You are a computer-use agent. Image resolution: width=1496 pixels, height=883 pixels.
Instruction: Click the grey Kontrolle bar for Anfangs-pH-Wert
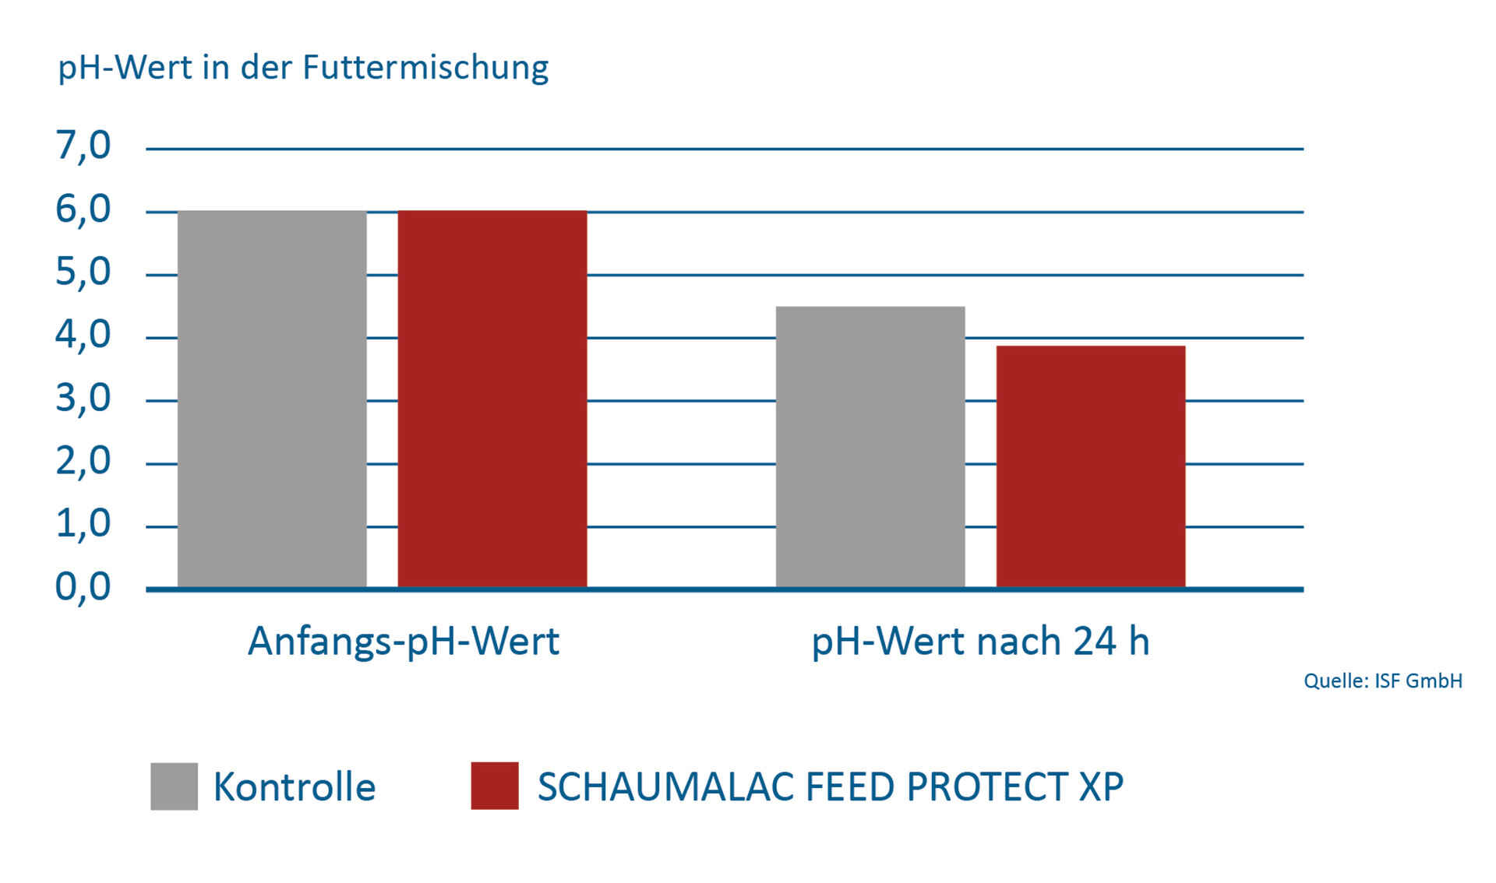tap(272, 399)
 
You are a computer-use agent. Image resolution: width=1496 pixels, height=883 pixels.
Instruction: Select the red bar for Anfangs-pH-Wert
tap(492, 399)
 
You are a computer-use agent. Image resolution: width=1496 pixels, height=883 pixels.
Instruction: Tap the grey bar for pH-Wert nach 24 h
tap(870, 446)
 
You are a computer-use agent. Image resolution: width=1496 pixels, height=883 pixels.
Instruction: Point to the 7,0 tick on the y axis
tap(83, 146)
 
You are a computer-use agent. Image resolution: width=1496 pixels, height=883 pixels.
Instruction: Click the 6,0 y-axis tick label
tap(83, 209)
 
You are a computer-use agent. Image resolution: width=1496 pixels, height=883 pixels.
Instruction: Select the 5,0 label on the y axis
tap(83, 273)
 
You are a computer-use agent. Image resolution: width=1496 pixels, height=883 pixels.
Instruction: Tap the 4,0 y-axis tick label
tap(83, 336)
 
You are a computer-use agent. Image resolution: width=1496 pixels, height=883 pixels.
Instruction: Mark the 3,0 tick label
tap(83, 399)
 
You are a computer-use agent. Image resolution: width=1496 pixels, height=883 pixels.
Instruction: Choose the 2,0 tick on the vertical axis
tap(83, 462)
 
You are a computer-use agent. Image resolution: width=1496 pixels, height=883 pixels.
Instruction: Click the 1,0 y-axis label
tap(83, 524)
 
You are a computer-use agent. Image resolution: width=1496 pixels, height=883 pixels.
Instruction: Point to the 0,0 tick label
tap(83, 587)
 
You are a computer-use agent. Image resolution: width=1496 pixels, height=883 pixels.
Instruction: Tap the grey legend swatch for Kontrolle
tap(174, 786)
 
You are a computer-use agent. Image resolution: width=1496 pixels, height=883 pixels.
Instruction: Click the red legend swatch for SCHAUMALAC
tap(495, 786)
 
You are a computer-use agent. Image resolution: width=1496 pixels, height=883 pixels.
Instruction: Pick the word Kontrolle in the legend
tap(295, 786)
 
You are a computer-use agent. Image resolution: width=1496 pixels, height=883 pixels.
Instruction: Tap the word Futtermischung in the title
tap(425, 68)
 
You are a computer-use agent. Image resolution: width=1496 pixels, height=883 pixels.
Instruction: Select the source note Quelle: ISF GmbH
tap(1383, 681)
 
